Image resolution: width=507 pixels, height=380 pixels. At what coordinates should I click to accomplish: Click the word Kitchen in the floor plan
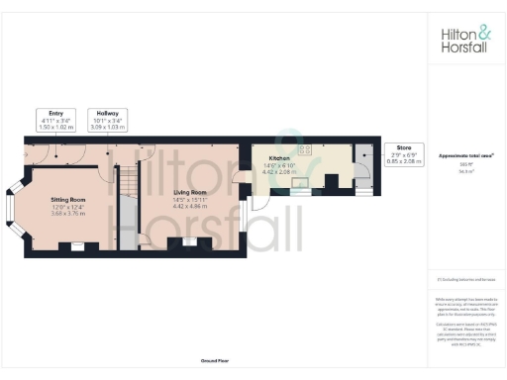coord(279,157)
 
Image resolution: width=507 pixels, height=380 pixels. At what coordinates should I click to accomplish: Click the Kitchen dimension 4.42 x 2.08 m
coord(279,171)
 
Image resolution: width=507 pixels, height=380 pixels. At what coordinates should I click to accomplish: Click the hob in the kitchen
coord(306,149)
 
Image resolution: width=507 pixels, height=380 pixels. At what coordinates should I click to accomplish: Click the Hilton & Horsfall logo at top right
coord(466,39)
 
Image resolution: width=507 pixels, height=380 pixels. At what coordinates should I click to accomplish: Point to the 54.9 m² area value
coord(466,170)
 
